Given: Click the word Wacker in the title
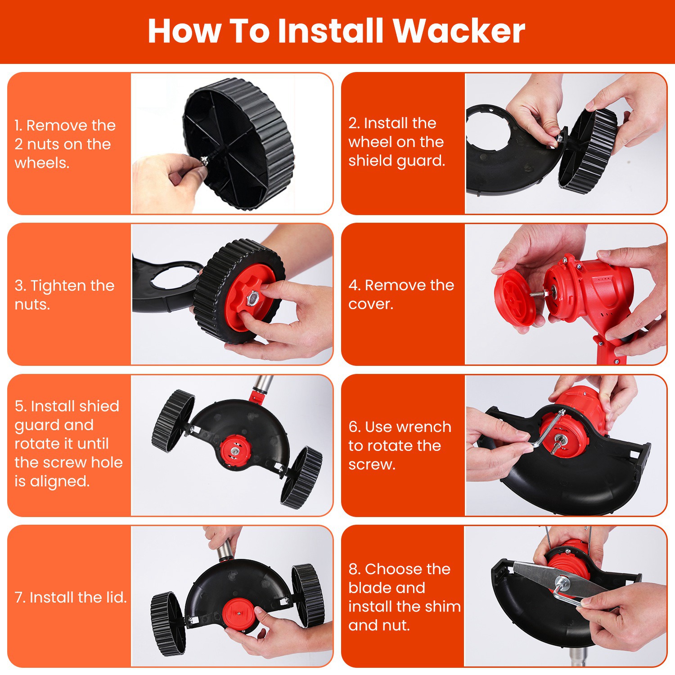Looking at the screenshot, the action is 459,31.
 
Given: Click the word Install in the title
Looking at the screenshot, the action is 331,31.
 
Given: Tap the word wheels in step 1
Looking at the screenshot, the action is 42,163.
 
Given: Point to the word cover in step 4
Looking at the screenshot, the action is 371,304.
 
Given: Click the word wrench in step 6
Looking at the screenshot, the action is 424,427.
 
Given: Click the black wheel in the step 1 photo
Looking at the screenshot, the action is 239,144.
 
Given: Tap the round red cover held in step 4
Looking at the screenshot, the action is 515,296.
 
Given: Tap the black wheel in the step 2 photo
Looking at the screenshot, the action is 589,150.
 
